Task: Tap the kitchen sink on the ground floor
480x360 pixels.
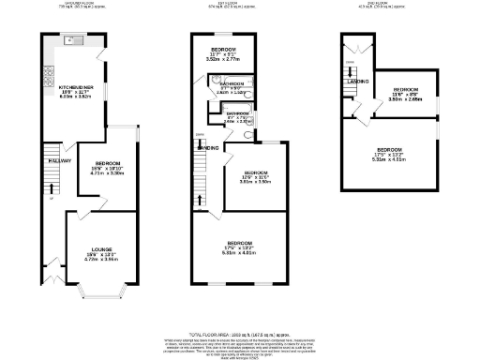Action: tap(72, 42)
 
